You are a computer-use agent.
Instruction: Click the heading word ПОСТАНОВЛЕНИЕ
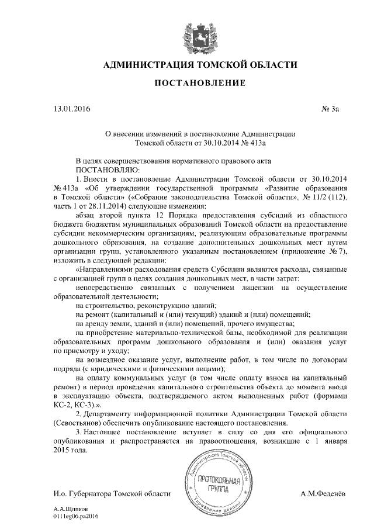coord(199,84)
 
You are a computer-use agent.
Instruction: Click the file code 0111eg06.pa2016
coord(77,517)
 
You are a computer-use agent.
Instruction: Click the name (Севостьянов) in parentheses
coord(79,423)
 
